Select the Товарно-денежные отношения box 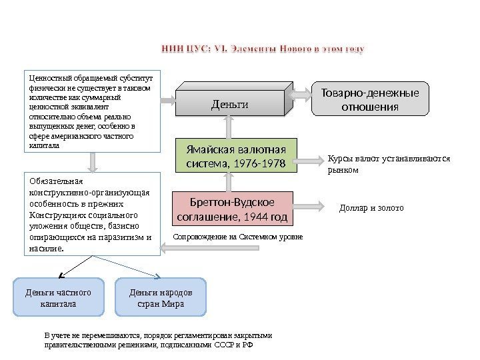tap(371, 100)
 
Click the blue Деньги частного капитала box tap(59, 297)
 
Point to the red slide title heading tap(263, 49)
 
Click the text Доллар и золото tap(372, 208)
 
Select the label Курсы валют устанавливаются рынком tap(389, 164)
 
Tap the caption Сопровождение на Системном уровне tap(237, 237)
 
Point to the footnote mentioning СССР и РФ tap(157, 341)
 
